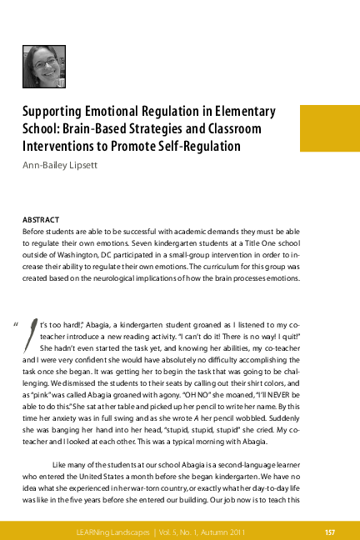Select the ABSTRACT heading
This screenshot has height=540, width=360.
point(40,212)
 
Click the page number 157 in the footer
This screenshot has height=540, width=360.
point(329,531)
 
